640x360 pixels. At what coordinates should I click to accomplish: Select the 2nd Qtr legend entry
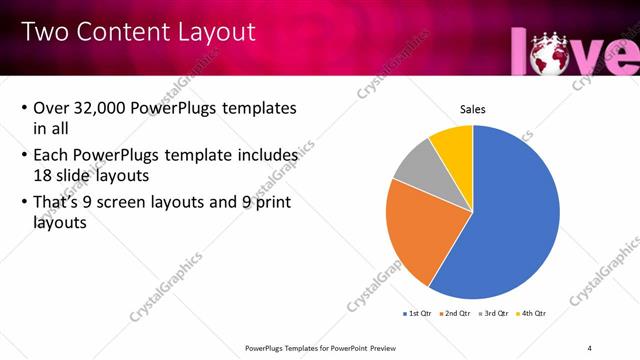(x=457, y=314)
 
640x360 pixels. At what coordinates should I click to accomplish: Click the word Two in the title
(x=44, y=32)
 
